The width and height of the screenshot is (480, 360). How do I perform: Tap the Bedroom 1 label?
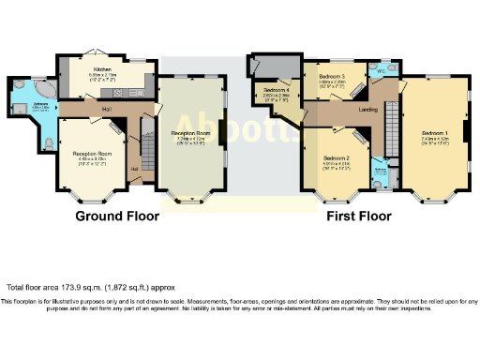pos(433,132)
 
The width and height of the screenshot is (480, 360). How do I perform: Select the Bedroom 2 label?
pos(336,158)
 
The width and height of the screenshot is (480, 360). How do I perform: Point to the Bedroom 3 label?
pos(332,76)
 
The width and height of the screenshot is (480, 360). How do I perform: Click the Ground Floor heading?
pos(112,217)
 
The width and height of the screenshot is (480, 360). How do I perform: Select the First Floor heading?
pos(359,217)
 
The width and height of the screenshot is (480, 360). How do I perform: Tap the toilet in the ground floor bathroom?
pos(48,143)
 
